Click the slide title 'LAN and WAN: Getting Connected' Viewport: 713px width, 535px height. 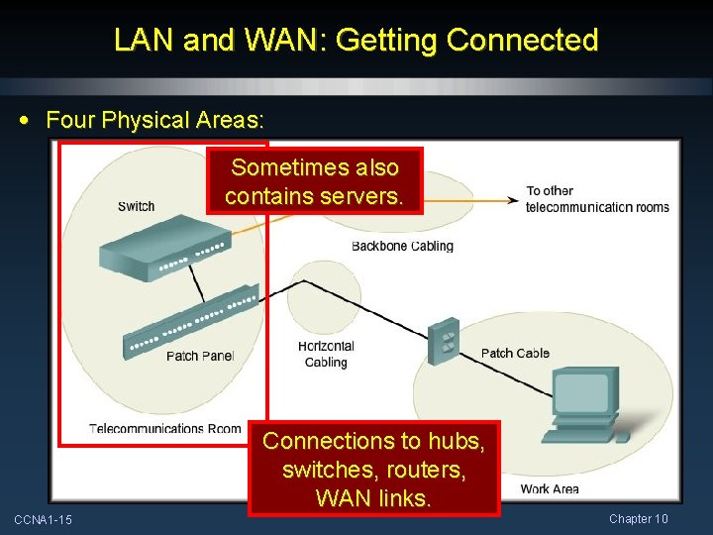click(x=356, y=41)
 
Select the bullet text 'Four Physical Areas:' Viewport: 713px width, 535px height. click(x=154, y=121)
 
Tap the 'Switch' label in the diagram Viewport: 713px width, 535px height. click(x=136, y=206)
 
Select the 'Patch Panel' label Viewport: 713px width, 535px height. click(x=200, y=356)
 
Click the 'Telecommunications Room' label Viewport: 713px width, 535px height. click(x=164, y=428)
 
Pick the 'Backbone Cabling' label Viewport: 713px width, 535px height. click(x=402, y=246)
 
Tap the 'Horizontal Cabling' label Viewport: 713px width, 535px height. click(x=326, y=354)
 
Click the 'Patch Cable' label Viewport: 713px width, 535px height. click(x=514, y=353)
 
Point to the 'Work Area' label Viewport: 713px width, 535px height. click(x=549, y=488)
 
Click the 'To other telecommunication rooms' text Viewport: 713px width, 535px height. click(x=597, y=199)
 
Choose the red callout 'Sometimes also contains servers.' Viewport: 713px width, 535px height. click(x=314, y=181)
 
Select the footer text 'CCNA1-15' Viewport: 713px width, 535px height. click(x=43, y=520)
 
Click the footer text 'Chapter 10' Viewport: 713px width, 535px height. click(x=638, y=519)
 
